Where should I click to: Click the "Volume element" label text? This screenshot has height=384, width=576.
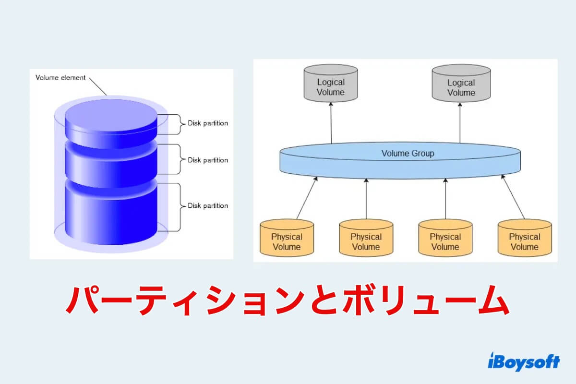(60, 77)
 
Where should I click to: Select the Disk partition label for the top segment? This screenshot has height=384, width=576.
(207, 123)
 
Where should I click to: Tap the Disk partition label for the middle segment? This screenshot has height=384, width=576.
(207, 160)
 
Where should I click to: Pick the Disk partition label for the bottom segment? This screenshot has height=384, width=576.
(207, 206)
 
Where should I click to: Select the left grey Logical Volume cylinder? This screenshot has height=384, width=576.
(331, 84)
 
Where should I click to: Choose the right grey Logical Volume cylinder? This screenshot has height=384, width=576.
(461, 84)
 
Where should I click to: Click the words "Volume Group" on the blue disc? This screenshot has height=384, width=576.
(408, 154)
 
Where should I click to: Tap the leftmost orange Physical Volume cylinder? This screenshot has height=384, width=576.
(287, 238)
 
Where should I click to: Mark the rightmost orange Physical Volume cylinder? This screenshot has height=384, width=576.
(524, 238)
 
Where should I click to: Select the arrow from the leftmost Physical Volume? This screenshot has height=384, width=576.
(307, 198)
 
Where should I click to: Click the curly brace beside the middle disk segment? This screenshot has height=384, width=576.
(180, 160)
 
